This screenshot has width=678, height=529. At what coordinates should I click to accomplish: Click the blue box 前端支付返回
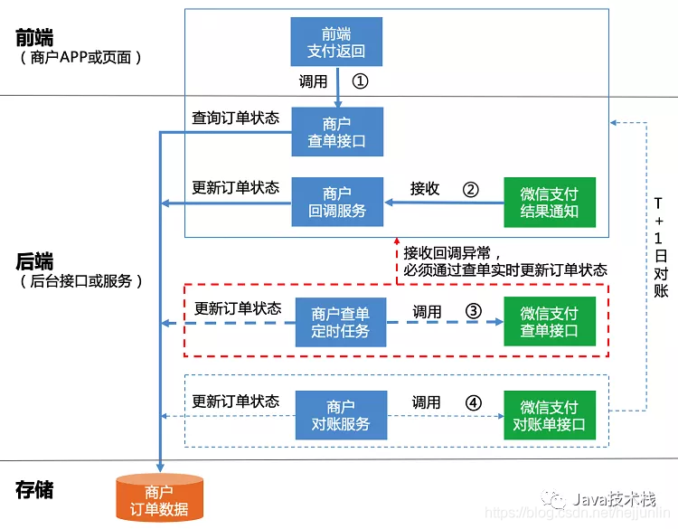click(337, 41)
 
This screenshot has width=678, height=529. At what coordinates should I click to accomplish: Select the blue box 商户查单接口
click(337, 131)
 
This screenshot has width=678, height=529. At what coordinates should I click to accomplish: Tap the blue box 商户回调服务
click(337, 201)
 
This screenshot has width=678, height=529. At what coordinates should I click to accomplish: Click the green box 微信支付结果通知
click(550, 201)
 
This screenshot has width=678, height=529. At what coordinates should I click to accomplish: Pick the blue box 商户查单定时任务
click(340, 322)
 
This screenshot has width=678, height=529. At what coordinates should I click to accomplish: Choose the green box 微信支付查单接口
click(550, 322)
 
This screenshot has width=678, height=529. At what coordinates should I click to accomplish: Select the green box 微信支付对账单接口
click(550, 415)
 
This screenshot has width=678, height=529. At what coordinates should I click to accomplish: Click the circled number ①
click(361, 81)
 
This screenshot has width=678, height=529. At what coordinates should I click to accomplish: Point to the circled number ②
click(470, 189)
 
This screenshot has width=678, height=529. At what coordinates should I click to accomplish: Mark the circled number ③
click(473, 310)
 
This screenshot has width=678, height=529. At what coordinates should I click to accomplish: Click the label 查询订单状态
click(235, 118)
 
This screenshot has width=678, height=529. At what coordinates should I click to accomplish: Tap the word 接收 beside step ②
click(425, 189)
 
